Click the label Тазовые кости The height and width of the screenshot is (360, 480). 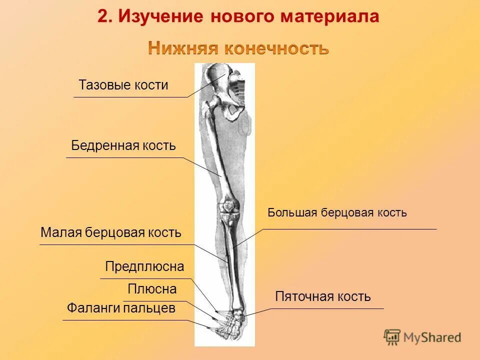point(123,85)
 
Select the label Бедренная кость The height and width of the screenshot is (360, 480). point(123,146)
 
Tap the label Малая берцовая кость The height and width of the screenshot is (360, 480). point(110,233)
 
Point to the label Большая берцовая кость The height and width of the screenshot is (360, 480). point(337,213)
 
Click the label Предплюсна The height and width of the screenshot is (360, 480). point(144,267)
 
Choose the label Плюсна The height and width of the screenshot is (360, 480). point(152,289)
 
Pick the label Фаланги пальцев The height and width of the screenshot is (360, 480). point(121,308)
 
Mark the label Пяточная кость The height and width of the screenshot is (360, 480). point(323,297)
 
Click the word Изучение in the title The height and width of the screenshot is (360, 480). point(161,16)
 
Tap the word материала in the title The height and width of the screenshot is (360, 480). point(330,16)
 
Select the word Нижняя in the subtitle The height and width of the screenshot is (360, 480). point(183,49)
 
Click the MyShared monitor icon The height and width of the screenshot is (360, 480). point(392,337)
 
